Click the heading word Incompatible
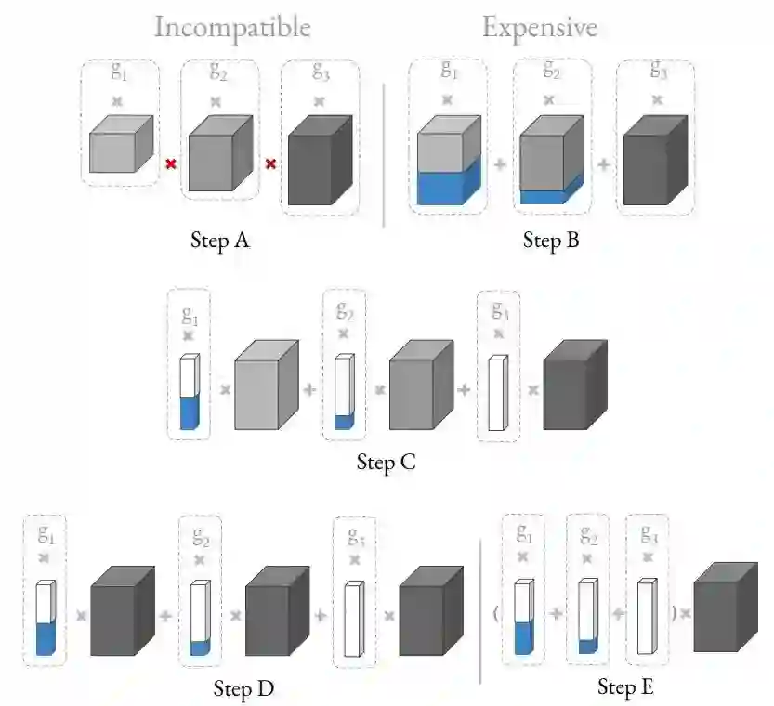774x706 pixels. (232, 27)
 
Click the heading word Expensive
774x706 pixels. (539, 27)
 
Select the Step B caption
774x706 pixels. (551, 242)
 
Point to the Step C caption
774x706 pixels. (386, 462)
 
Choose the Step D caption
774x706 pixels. (243, 688)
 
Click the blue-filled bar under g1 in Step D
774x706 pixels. (46, 619)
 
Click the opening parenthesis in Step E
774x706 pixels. (493, 613)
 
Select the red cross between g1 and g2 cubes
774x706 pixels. (170, 164)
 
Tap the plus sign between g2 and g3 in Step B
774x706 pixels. (604, 164)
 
